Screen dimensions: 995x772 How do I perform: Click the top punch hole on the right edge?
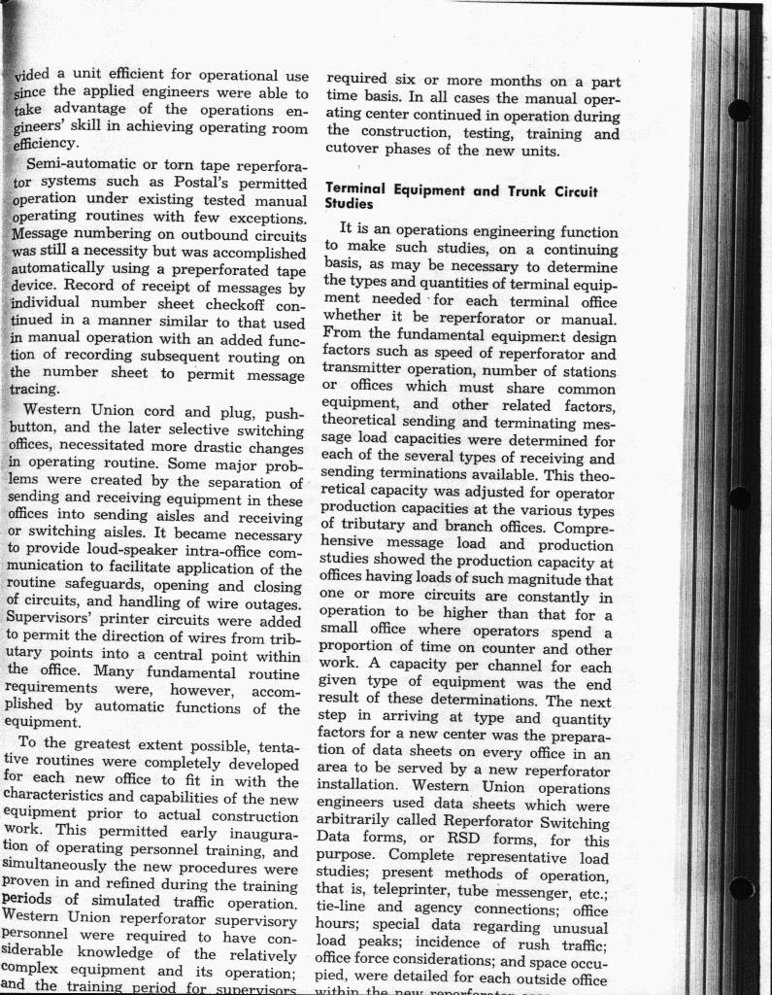739,110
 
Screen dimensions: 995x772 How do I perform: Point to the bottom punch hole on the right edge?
741,887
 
